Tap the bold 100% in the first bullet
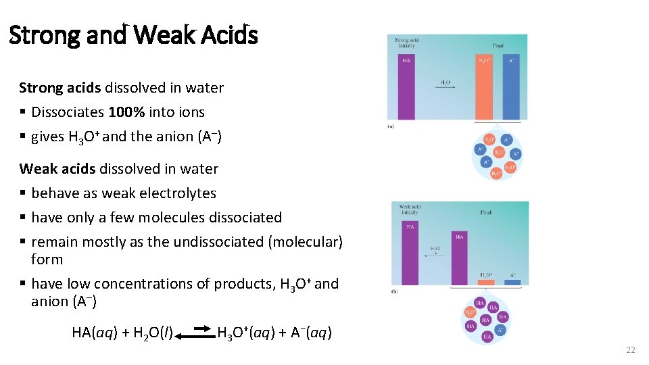coord(126,112)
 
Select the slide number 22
coord(631,350)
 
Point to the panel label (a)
coord(391,126)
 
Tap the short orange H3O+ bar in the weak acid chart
coord(485,281)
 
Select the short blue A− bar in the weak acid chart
coord(512,281)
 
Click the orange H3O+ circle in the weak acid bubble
coord(471,312)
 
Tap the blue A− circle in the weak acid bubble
coord(501,330)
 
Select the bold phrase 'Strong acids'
coord(60,88)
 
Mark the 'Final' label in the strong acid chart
coord(498,45)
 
